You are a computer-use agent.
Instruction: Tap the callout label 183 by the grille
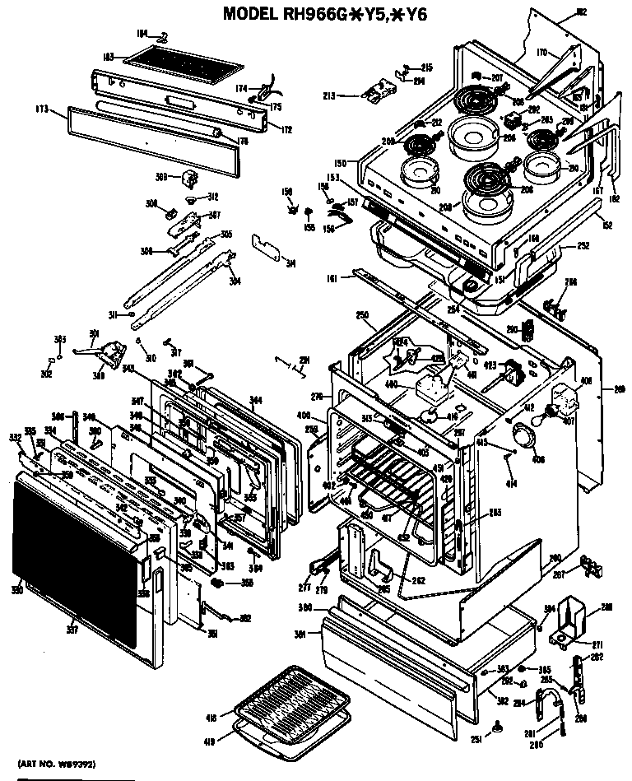pyautogui.click(x=108, y=56)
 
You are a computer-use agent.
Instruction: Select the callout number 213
pyautogui.click(x=351, y=95)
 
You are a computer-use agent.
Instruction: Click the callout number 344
pyautogui.click(x=256, y=400)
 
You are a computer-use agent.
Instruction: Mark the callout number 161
pyautogui.click(x=332, y=279)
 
